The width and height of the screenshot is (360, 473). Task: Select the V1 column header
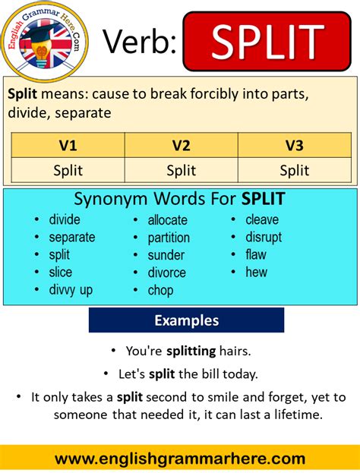68,144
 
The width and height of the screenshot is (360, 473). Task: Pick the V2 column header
181,144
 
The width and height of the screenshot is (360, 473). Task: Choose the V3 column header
294,144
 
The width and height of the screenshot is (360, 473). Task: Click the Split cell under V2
181,170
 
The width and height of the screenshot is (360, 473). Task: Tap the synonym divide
65,219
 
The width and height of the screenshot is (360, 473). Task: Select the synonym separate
72,237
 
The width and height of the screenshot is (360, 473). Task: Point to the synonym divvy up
71,289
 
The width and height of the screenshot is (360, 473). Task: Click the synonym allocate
168,220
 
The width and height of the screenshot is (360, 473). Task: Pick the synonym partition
169,238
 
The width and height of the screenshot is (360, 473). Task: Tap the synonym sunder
166,255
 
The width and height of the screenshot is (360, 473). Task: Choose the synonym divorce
167,273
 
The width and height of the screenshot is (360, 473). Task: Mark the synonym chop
161,290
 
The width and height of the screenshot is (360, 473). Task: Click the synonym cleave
262,219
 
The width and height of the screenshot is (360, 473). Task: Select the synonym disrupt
264,237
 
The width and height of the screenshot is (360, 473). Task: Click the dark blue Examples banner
186,320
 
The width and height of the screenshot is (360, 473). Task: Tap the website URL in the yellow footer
180,459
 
